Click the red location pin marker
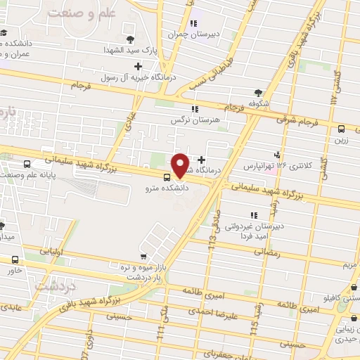coord(181,165)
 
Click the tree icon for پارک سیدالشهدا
coord(130,39)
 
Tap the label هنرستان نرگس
coord(195,120)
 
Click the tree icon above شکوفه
coord(258,92)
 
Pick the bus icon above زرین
coord(341,129)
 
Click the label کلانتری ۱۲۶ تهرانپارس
coord(275,167)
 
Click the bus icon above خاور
coord(15,259)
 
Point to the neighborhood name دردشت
coord(55,288)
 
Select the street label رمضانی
coord(284,252)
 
